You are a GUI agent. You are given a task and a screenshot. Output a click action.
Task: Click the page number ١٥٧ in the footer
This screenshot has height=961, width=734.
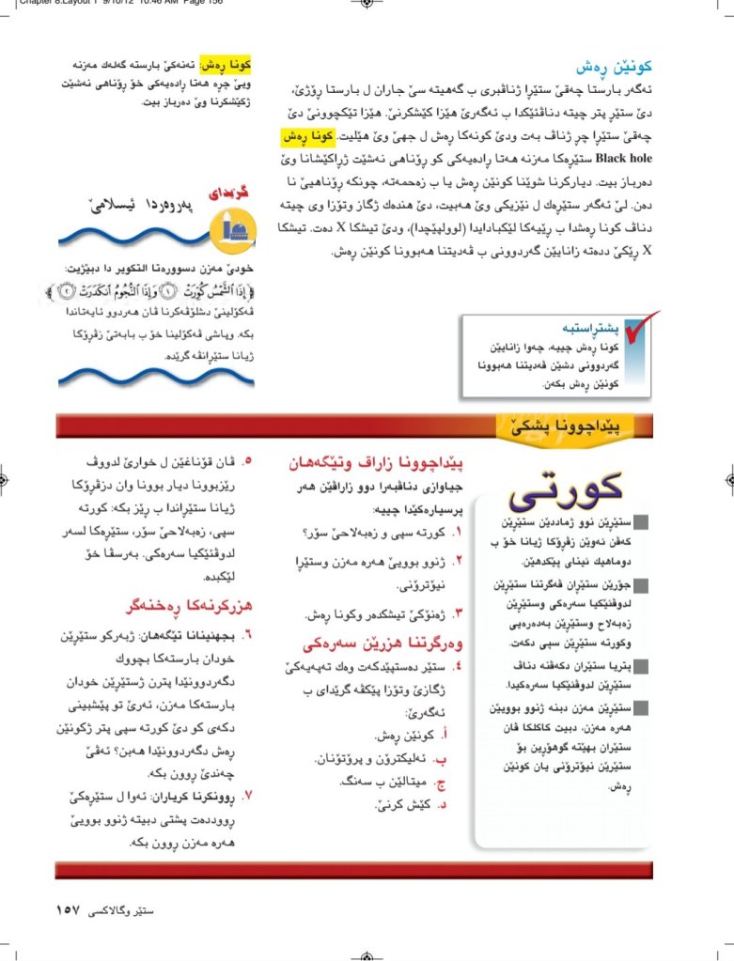point(72,909)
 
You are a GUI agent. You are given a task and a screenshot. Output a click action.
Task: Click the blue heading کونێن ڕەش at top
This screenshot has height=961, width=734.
point(614,68)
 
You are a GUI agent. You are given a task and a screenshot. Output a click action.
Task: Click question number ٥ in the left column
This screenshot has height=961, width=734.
point(248,462)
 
